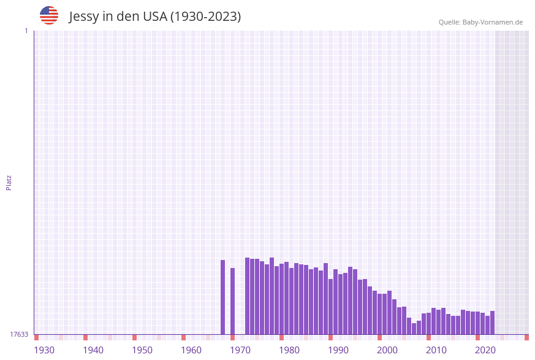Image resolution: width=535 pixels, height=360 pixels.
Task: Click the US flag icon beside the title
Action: (x=49, y=15)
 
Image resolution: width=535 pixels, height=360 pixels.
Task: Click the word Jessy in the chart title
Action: (x=84, y=17)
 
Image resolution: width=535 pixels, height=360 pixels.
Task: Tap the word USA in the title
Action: (x=155, y=17)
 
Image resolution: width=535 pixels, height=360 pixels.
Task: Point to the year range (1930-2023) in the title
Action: (x=206, y=17)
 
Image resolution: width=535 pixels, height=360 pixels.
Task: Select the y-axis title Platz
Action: (x=9, y=182)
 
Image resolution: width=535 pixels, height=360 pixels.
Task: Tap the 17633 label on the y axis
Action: (x=19, y=334)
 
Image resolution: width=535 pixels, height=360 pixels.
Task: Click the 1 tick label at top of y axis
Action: (x=26, y=31)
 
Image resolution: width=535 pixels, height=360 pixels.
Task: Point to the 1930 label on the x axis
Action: (x=44, y=350)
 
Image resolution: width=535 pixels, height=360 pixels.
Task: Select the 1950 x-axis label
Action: (x=142, y=350)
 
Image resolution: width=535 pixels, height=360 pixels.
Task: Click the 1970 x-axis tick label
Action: (x=240, y=350)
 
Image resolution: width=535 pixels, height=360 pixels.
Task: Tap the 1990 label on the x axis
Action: (x=338, y=350)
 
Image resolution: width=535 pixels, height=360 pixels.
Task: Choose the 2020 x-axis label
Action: (x=485, y=350)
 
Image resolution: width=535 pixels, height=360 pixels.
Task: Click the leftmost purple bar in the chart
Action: (x=223, y=297)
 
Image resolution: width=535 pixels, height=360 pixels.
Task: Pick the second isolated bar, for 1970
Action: (x=233, y=301)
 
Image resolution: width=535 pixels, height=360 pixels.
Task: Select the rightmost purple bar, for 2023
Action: (x=492, y=323)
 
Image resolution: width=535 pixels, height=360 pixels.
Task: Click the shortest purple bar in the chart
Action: (x=414, y=329)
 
